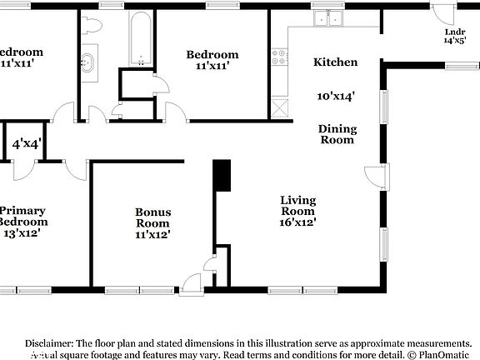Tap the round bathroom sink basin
coord(88,60)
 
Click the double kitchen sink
coord(328,19)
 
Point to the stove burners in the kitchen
coord(279,58)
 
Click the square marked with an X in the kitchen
coord(279,106)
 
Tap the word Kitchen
coord(335,62)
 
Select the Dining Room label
coord(337,134)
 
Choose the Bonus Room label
coord(152,217)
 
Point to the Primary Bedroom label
coord(22,216)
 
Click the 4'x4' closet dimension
coord(26,144)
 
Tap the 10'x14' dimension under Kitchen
coord(337,96)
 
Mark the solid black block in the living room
coord(222,176)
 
